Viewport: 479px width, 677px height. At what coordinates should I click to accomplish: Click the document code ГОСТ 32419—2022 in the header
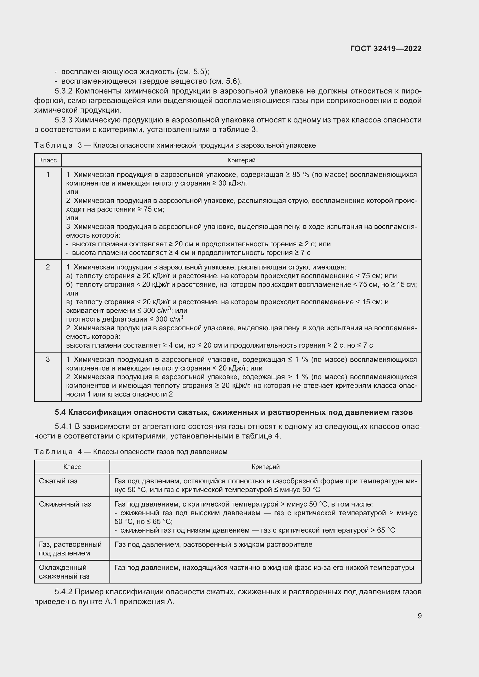385,49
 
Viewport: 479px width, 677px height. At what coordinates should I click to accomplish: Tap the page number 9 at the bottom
419,616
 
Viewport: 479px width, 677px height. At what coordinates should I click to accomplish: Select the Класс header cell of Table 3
48,160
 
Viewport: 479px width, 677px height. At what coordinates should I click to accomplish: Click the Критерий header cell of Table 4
266,467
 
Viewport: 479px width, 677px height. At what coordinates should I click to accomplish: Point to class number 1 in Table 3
48,175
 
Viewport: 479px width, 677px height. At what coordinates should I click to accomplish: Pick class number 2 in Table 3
48,267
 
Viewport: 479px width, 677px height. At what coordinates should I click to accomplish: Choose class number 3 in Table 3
48,359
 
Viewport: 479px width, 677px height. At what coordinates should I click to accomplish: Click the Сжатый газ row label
58,481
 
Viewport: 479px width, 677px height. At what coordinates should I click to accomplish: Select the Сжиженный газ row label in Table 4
65,504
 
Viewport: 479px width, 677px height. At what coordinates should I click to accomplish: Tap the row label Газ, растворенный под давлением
70,549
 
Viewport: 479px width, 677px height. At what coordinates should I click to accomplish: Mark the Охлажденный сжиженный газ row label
64,572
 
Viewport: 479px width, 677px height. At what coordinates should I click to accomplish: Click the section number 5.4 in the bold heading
60,412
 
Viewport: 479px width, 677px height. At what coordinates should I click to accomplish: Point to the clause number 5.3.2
64,91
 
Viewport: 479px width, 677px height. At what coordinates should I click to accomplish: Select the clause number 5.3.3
63,120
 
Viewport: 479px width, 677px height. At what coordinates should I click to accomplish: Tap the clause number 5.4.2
63,592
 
